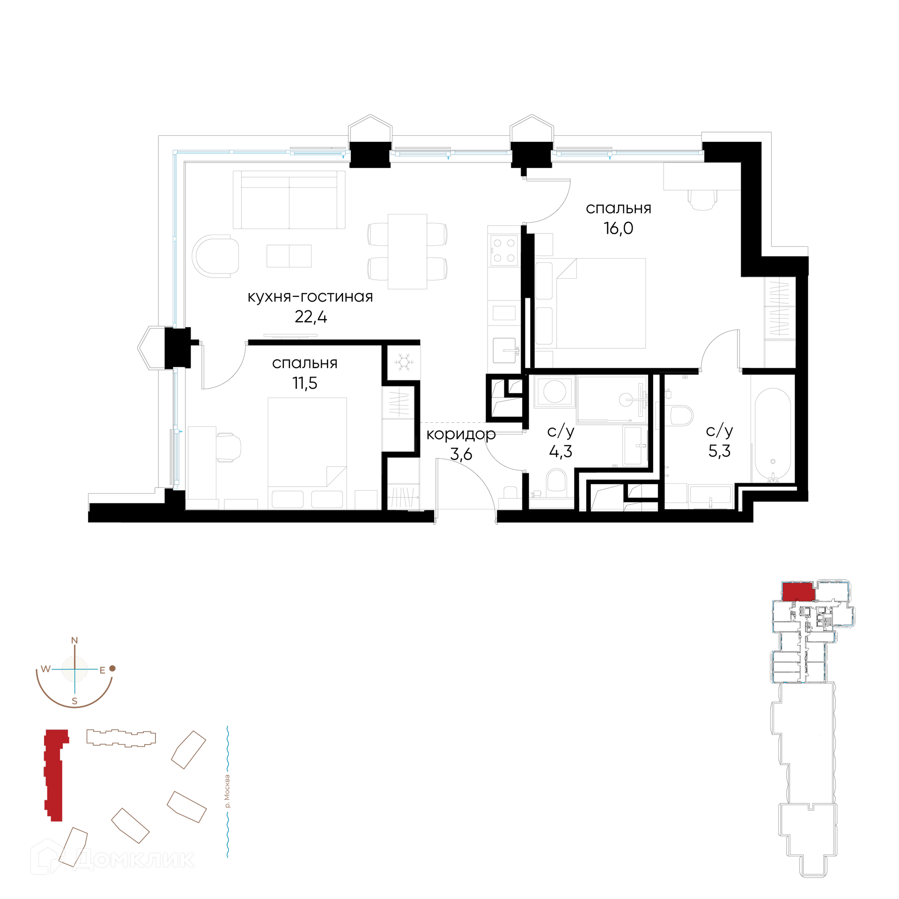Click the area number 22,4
tap(311, 317)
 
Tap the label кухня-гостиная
tap(310, 296)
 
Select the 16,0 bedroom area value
tap(618, 228)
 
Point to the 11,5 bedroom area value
tap(305, 383)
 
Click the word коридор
tap(461, 435)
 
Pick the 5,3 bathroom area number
tap(719, 450)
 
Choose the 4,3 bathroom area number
tap(560, 451)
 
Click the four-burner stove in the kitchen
tap(504, 251)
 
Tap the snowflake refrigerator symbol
tap(404, 362)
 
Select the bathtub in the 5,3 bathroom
tap(773, 434)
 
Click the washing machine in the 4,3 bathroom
tap(554, 391)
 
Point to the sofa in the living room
tap(289, 200)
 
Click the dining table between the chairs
tap(407, 251)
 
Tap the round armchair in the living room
tap(215, 256)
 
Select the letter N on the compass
tap(74, 641)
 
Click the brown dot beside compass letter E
tap(112, 669)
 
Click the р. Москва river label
tap(228, 791)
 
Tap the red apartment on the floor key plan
tap(798, 591)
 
